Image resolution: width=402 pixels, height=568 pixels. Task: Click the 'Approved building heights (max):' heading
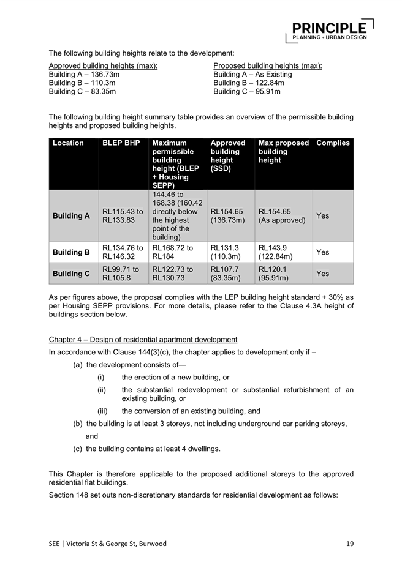pos(103,65)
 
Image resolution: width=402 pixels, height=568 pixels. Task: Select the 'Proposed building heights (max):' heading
pos(268,65)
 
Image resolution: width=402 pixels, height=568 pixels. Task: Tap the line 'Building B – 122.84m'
pos(249,83)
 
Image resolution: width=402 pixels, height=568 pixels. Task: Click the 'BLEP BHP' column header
pos(121,143)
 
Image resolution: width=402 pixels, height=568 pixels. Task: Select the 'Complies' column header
pos(333,143)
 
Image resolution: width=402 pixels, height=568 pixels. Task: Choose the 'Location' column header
pos(69,143)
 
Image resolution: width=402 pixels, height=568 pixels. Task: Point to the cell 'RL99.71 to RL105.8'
pos(123,274)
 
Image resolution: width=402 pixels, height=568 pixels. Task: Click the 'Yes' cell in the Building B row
pos(323,252)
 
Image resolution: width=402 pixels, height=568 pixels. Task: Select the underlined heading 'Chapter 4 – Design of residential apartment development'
pos(143,340)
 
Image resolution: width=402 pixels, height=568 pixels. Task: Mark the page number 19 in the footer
pos(349,544)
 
